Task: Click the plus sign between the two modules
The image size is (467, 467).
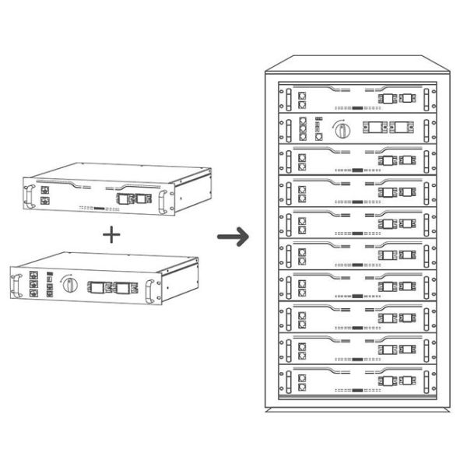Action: tap(114, 233)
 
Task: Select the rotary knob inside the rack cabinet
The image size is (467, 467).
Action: tap(340, 128)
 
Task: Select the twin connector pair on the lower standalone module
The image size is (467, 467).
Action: tap(109, 289)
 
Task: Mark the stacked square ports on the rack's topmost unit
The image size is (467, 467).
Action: tap(302, 98)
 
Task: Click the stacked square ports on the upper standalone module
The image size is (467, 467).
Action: tap(45, 195)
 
